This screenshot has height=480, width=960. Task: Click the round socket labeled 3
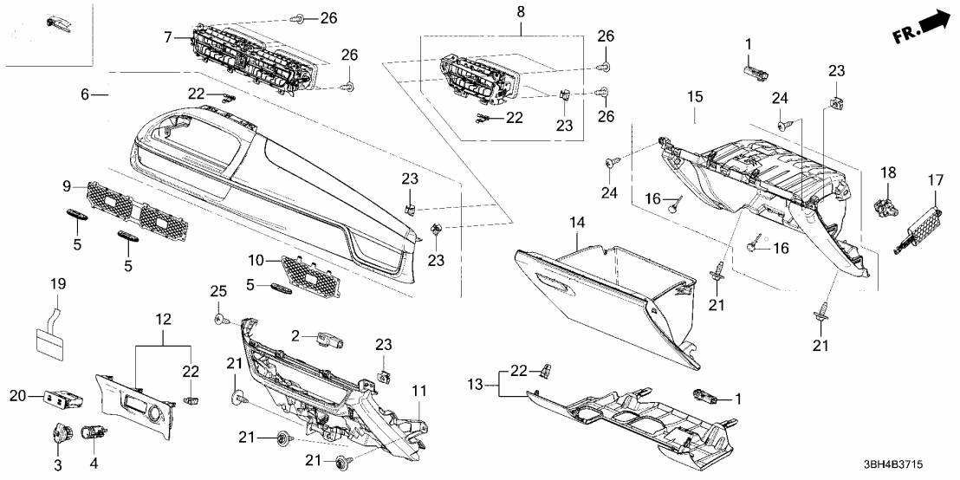62,431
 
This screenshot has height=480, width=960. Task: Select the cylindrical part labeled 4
93,431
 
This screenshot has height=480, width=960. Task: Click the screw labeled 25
221,320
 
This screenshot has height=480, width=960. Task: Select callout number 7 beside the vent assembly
168,36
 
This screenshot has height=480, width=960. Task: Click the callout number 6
85,94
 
